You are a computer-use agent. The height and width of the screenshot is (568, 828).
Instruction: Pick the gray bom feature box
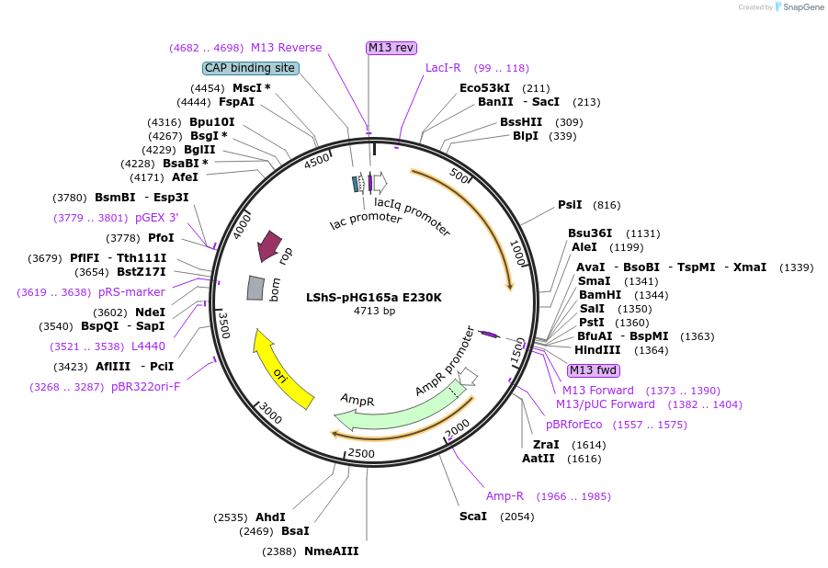tap(255, 288)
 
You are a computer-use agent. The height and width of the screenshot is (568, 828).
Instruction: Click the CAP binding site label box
tap(251, 68)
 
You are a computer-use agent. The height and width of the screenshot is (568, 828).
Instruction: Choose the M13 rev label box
tap(391, 48)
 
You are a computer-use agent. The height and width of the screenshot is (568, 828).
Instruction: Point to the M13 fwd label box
tap(593, 370)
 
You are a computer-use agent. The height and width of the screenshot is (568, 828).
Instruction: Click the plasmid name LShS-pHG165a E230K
tap(374, 298)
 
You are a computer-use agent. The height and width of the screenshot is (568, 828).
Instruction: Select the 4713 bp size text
tap(374, 311)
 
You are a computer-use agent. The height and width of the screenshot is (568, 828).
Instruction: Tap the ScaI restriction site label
tap(473, 517)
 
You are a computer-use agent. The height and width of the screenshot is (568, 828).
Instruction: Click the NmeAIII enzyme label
tap(331, 551)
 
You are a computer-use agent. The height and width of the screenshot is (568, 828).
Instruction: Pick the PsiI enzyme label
tap(570, 205)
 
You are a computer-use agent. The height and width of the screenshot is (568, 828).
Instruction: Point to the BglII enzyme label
tap(199, 150)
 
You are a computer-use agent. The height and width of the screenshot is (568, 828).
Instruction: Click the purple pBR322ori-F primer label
tap(146, 387)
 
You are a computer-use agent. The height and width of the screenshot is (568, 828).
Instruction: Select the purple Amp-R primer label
tap(505, 496)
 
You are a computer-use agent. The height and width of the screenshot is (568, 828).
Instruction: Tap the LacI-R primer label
tap(443, 68)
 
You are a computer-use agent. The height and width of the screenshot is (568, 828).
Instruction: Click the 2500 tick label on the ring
tap(361, 453)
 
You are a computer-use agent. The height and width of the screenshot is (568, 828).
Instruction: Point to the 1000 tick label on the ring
tap(518, 253)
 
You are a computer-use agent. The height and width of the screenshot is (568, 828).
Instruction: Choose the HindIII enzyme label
tap(597, 350)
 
